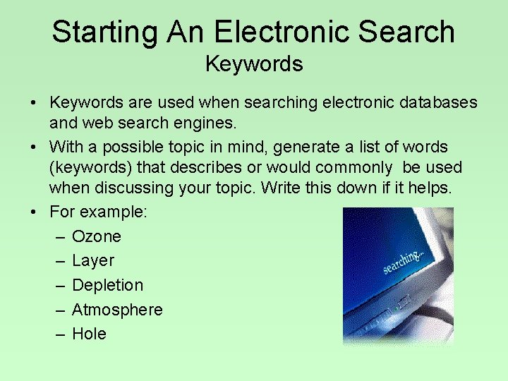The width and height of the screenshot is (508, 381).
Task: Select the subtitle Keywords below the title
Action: pos(254,64)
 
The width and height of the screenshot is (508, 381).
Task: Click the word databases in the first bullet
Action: pos(437,103)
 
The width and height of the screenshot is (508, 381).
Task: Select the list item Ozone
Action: pos(97,236)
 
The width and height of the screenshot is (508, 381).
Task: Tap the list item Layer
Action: pos(93,261)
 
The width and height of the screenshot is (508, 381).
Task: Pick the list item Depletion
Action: pos(107,285)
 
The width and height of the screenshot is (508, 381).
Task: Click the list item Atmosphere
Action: pos(117,310)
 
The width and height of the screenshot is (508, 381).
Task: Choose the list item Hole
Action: pos(90,334)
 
